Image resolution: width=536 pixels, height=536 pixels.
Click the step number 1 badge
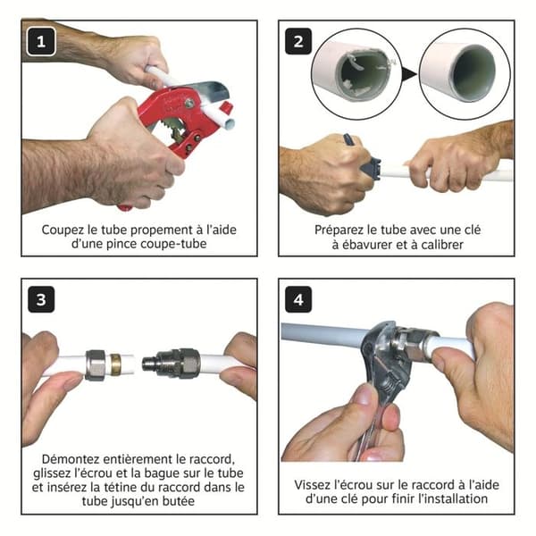point(41,41)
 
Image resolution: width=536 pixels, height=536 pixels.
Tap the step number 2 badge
point(298,41)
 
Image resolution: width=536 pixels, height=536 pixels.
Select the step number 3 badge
point(41,299)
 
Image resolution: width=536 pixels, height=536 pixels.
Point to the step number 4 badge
point(298,299)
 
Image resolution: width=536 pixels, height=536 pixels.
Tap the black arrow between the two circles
point(408,74)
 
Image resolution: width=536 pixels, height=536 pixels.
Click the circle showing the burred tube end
point(356,74)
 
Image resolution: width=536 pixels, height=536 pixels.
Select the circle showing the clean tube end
point(465,74)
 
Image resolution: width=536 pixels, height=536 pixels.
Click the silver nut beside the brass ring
point(97,365)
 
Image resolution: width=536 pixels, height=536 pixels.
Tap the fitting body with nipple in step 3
point(171,363)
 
